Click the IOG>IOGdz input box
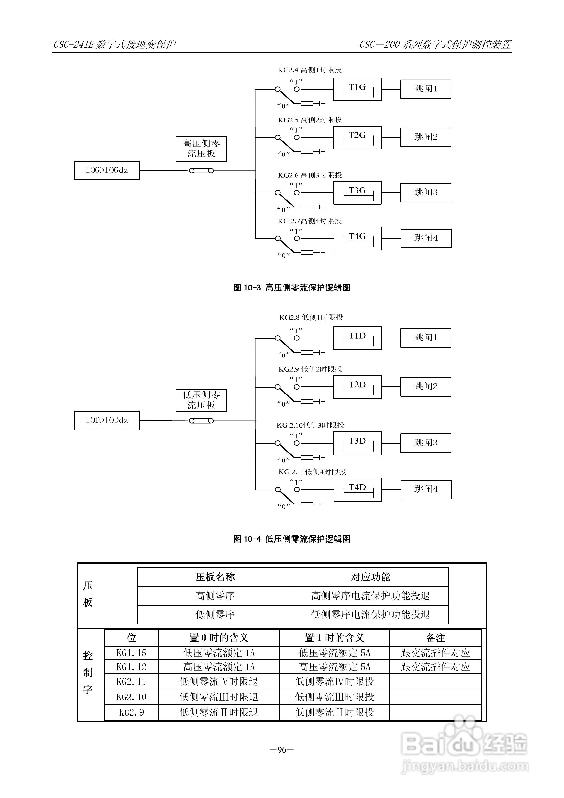click(107, 170)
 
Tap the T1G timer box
click(357, 89)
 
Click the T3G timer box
click(357, 193)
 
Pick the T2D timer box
click(357, 387)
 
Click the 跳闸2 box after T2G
click(426, 137)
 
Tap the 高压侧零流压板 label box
click(201, 149)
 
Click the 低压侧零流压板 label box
click(201, 400)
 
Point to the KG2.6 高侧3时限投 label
click(310, 175)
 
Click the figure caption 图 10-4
click(292, 539)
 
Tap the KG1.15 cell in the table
click(131, 653)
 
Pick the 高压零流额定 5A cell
click(334, 667)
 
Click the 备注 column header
click(435, 638)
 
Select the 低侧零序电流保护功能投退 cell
click(370, 614)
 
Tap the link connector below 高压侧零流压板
click(201, 171)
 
